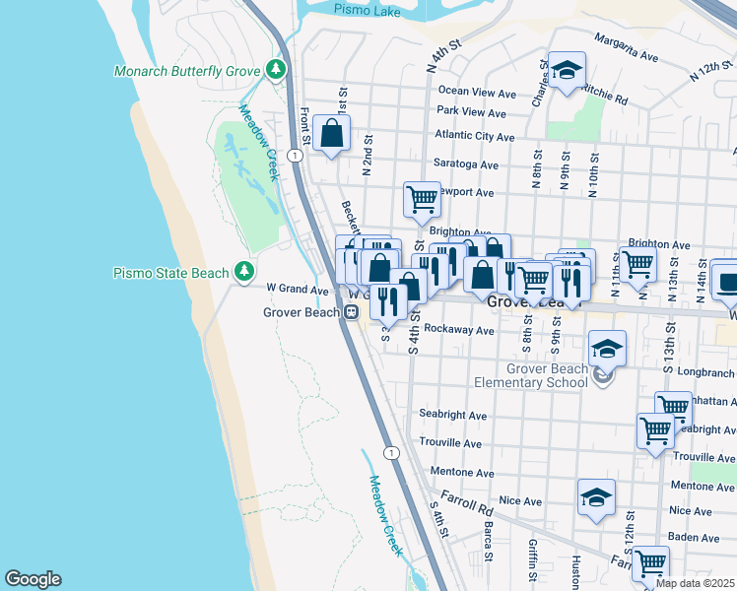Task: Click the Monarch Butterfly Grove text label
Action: (187, 71)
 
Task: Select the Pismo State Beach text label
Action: (172, 273)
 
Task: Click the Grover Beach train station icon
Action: (351, 312)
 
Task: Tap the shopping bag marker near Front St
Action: (333, 132)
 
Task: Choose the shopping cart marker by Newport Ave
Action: (422, 199)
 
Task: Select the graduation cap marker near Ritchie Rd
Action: (567, 70)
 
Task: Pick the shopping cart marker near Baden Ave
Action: (650, 563)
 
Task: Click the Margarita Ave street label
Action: (624, 56)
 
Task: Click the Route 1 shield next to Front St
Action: (295, 156)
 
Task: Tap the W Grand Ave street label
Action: (297, 291)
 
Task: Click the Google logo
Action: (33, 579)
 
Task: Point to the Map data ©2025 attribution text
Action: (696, 583)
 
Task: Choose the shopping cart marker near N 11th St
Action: (638, 262)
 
